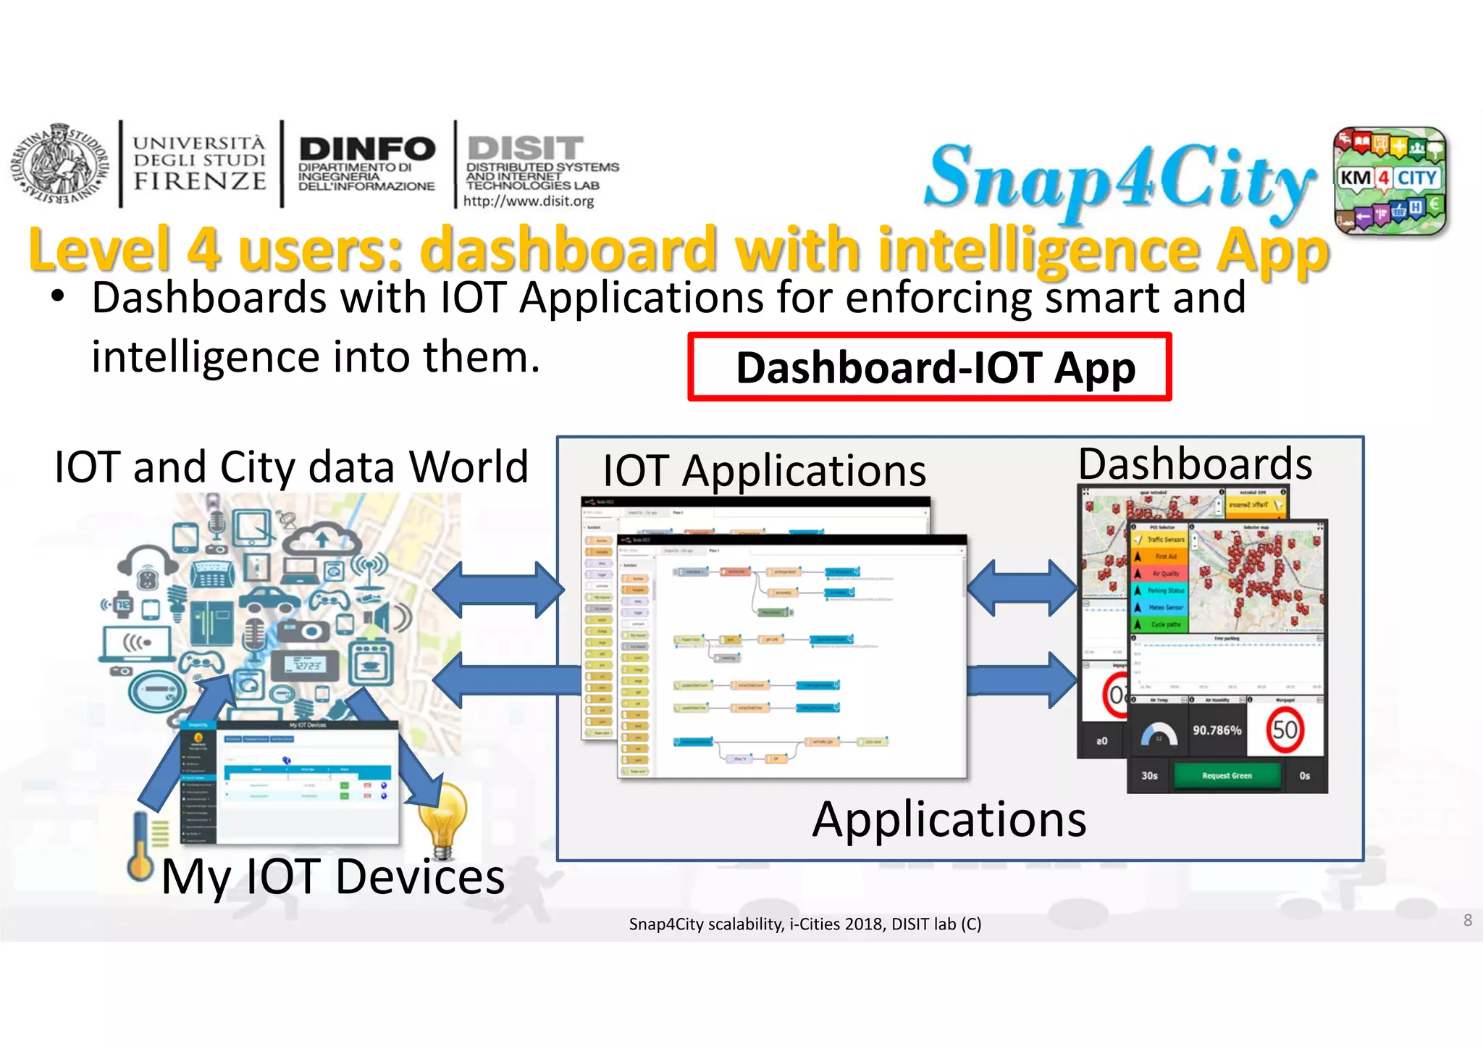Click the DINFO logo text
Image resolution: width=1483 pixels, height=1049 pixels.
pos(366,149)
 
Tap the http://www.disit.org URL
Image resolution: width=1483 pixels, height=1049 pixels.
pos(529,201)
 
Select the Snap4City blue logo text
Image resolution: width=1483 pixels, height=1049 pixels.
pos(1119,177)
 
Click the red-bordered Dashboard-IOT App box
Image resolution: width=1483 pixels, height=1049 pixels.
pos(929,367)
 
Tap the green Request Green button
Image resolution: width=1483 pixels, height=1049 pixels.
pos(1226,776)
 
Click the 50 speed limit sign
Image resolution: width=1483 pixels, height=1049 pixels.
pos(1285,730)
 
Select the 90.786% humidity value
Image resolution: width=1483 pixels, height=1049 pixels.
pos(1217,730)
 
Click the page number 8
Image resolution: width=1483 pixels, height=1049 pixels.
pos(1467,920)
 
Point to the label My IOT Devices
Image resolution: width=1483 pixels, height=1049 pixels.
pos(332,877)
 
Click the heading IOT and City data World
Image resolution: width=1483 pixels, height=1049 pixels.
pos(291,467)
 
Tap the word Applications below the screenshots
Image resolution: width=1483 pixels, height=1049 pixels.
pos(949,819)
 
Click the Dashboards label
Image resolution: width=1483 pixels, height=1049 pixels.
pos(1195,464)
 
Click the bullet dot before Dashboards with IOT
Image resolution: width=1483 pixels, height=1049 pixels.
pos(59,298)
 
